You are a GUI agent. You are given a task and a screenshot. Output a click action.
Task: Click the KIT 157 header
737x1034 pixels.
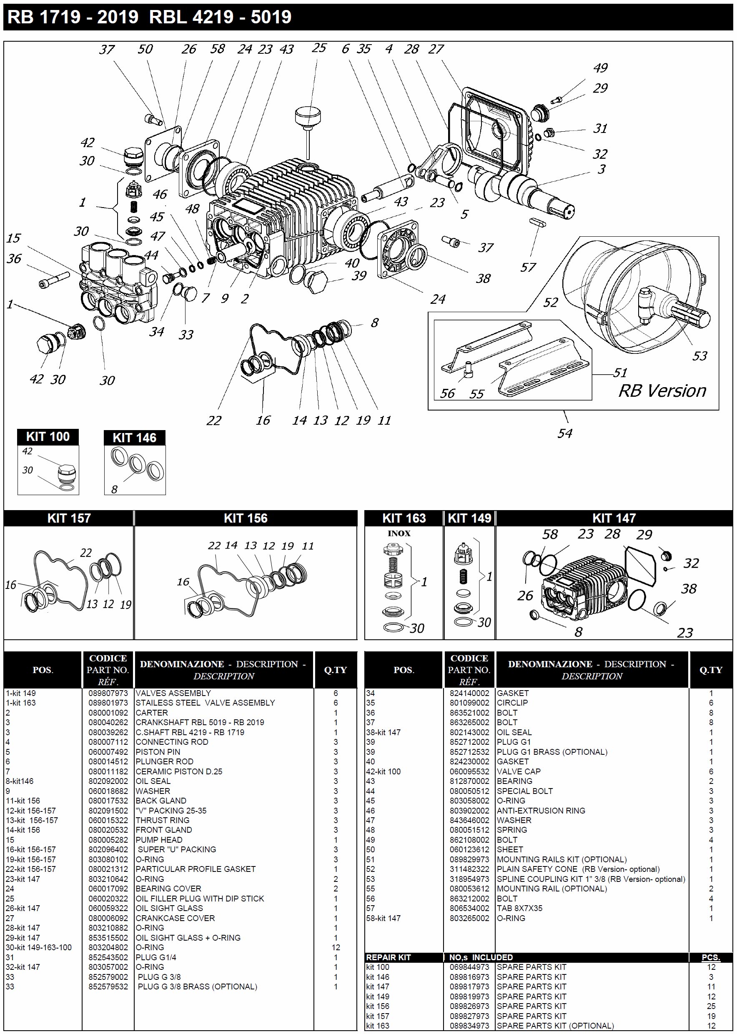[69, 518]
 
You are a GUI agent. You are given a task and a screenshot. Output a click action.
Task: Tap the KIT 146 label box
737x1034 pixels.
[134, 438]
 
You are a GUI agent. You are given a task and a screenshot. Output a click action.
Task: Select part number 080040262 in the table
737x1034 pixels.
[108, 722]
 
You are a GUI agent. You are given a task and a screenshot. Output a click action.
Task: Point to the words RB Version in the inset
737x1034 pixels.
[662, 391]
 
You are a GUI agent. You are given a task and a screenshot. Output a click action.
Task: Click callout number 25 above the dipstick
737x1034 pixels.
[319, 48]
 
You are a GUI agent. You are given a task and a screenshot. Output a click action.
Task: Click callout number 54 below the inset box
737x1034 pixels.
[564, 433]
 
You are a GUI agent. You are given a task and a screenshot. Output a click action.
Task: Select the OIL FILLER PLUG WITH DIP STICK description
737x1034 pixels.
[200, 898]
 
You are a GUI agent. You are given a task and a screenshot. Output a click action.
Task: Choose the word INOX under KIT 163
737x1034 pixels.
[399, 533]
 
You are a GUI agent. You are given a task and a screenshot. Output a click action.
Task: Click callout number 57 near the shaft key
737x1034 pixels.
[528, 267]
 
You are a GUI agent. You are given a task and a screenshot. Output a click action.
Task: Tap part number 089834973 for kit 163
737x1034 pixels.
[469, 1026]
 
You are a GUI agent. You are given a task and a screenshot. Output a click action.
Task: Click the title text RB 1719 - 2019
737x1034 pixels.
[73, 17]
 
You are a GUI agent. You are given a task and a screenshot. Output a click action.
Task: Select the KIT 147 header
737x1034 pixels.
[614, 518]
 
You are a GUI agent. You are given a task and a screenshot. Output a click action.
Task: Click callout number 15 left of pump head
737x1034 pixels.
[14, 238]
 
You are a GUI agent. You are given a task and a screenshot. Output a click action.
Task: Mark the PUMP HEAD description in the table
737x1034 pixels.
[159, 840]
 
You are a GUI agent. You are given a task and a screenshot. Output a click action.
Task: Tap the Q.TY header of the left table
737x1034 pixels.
[336, 670]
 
